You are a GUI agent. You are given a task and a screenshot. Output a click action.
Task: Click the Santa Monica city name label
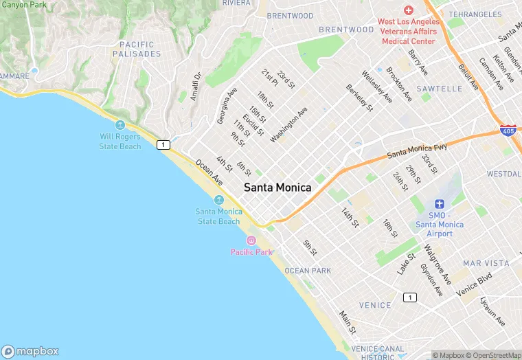[x=277, y=188]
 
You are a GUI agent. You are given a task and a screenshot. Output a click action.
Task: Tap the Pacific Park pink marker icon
[x=251, y=240]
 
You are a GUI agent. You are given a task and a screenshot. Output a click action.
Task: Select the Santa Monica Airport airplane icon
[x=440, y=204]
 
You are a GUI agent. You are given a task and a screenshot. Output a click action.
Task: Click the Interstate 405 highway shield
[x=508, y=130]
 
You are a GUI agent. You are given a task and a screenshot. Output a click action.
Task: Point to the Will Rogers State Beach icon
[x=121, y=125]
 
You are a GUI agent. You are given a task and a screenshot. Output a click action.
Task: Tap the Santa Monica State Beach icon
[x=219, y=200]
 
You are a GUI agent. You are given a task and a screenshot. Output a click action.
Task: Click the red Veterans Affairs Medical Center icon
[x=409, y=10]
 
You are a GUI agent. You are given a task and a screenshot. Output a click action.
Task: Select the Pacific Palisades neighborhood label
[x=136, y=49]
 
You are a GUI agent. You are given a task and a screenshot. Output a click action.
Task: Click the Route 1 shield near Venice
[x=410, y=297]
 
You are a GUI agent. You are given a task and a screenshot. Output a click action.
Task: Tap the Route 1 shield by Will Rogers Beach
[x=163, y=144]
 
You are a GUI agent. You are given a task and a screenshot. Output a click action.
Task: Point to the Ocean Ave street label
[x=209, y=172]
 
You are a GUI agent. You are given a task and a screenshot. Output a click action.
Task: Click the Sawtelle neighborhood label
[x=439, y=89]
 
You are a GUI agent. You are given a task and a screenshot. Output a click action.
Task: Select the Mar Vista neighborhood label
[x=486, y=263]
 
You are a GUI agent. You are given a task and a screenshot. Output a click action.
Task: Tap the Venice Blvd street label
[x=474, y=286]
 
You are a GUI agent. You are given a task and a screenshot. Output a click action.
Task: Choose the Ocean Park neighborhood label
[x=307, y=271]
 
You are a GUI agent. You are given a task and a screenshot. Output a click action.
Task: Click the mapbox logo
[x=31, y=350]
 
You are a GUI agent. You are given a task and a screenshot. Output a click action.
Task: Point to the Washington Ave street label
[x=289, y=124]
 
